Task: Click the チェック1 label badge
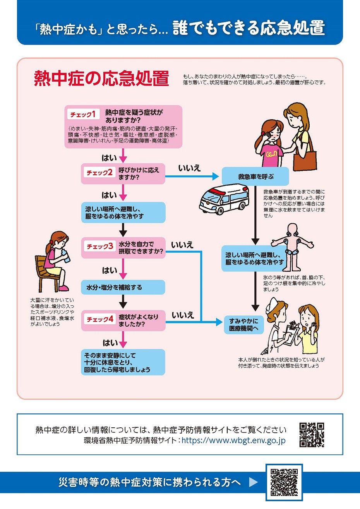click(x=83, y=114)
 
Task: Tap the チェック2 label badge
click(x=99, y=173)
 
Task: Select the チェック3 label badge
click(x=99, y=246)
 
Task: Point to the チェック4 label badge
click(x=99, y=319)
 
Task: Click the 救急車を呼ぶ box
click(x=255, y=177)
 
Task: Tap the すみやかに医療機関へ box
click(x=243, y=325)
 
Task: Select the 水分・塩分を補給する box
click(x=123, y=288)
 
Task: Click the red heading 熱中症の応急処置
click(x=101, y=79)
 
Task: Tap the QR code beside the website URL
click(x=312, y=435)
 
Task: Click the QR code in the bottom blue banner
click(x=284, y=482)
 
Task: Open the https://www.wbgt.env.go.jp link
click(x=233, y=440)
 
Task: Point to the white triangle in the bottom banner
click(x=253, y=482)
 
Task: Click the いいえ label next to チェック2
click(x=189, y=168)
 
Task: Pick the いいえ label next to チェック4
click(x=183, y=315)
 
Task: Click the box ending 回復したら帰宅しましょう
click(x=123, y=362)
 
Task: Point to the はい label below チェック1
click(x=109, y=158)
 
